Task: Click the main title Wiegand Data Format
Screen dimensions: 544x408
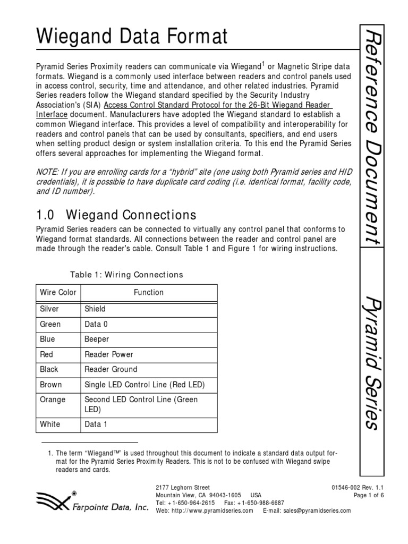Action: [x=132, y=37]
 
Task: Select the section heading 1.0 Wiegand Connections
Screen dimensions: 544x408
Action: [x=116, y=215]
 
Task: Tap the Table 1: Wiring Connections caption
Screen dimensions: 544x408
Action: [x=126, y=275]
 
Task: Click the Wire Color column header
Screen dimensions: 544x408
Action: [x=58, y=292]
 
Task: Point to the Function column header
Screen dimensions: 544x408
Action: [x=148, y=292]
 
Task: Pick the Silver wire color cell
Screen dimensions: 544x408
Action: [x=49, y=309]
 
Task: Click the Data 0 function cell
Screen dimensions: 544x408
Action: [x=96, y=324]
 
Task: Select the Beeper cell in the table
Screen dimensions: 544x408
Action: [x=97, y=339]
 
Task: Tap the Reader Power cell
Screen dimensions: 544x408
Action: [x=109, y=354]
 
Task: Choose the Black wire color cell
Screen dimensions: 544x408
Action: [x=49, y=369]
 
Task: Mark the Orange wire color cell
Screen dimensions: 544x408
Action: [x=53, y=399]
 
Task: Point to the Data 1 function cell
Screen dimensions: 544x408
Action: [x=96, y=424]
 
